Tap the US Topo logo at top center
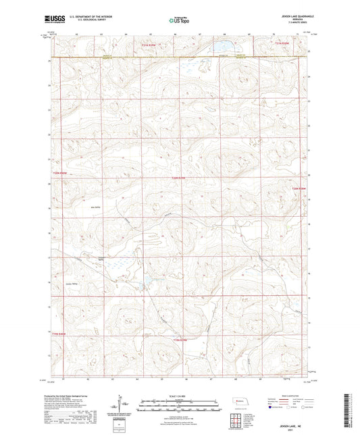click(x=179, y=21)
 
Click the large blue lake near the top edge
click(x=222, y=47)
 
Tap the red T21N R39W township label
click(x=153, y=45)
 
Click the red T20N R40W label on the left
click(x=61, y=172)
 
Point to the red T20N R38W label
click(x=298, y=188)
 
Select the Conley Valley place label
click(x=73, y=284)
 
